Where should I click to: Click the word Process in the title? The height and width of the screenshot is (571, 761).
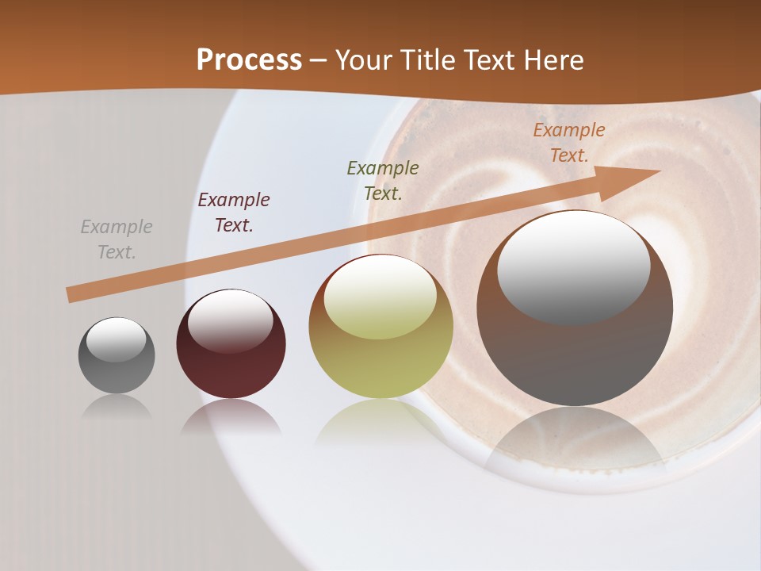click(249, 59)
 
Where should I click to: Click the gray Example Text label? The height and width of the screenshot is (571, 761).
click(117, 240)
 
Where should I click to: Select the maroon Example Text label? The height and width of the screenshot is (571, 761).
click(234, 213)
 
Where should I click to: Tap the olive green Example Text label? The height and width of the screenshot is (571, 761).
click(383, 180)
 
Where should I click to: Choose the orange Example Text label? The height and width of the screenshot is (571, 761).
click(569, 143)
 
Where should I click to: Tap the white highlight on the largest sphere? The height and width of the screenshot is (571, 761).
click(573, 266)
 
